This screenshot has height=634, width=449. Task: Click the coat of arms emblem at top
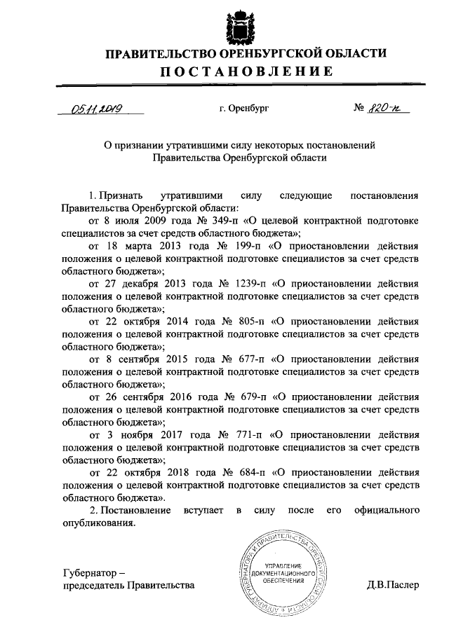(236, 27)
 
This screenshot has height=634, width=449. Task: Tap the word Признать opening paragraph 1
(121, 194)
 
